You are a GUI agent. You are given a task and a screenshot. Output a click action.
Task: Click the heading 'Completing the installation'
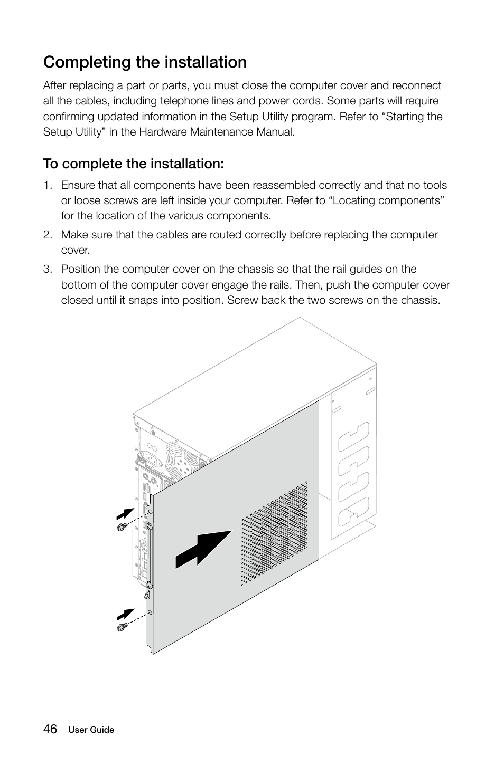(145, 62)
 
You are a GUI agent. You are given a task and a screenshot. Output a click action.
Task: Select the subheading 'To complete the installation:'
(134, 164)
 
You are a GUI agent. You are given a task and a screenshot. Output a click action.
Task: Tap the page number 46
(50, 729)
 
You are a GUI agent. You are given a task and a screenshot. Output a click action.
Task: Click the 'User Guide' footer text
(91, 730)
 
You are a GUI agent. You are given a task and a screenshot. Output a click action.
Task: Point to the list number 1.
(48, 185)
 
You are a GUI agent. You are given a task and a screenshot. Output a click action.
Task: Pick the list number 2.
(48, 235)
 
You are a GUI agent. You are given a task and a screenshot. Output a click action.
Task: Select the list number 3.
(48, 270)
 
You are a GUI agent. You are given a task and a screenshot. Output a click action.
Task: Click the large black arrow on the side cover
(204, 550)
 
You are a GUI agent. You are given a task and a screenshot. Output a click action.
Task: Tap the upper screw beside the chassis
(122, 527)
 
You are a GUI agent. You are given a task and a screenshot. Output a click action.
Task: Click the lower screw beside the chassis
(122, 627)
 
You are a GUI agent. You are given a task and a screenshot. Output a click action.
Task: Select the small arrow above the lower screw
(125, 614)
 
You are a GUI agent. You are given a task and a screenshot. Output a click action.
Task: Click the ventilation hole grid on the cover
(275, 533)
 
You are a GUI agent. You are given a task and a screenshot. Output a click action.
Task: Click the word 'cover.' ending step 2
(75, 251)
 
